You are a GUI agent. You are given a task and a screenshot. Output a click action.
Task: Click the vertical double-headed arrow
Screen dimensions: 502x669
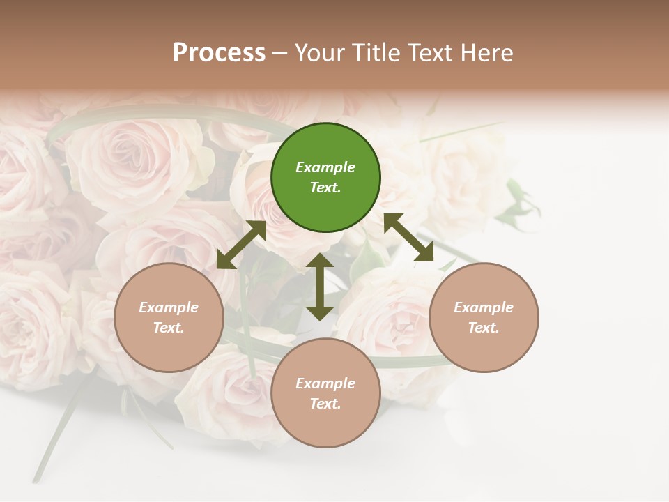[x=320, y=287]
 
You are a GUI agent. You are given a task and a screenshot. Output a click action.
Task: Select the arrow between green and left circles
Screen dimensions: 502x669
[x=241, y=245]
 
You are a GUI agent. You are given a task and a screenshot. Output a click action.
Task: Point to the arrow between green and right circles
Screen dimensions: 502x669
[x=408, y=237]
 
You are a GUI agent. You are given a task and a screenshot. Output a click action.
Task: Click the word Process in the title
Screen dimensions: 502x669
[x=219, y=53]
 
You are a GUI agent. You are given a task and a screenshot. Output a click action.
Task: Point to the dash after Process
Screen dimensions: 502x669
[x=280, y=53]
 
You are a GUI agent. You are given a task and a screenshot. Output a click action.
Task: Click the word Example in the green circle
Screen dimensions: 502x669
[x=325, y=167]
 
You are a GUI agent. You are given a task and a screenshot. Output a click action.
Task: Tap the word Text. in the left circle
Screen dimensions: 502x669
[x=169, y=328]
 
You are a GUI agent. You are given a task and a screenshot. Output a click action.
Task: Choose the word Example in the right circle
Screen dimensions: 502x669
[x=484, y=307]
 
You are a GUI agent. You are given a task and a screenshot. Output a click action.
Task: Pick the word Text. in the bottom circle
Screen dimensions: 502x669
[x=325, y=404]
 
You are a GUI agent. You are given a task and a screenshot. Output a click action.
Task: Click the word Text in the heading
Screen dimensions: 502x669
[x=428, y=53]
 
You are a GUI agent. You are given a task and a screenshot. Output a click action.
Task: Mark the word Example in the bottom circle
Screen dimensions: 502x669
[x=325, y=383]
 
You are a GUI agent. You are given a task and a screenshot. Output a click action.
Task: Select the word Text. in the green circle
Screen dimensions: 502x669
[x=325, y=188]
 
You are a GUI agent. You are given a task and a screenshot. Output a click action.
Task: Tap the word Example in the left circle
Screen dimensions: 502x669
[x=169, y=307]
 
